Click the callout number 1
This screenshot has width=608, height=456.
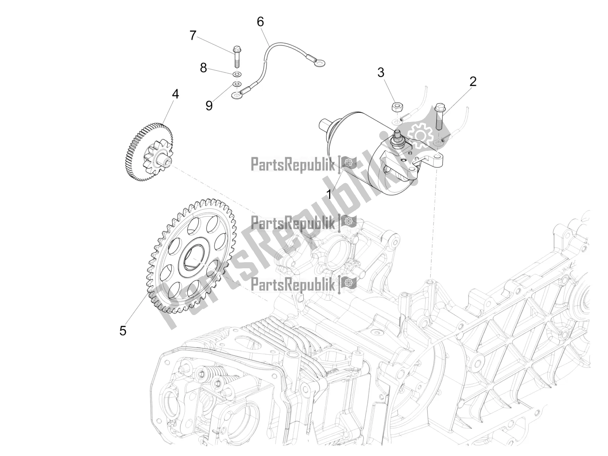329,195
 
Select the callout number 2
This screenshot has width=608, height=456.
472,81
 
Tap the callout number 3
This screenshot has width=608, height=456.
381,72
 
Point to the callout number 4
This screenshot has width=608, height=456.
175,94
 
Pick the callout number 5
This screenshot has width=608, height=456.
123,330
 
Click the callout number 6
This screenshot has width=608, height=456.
260,22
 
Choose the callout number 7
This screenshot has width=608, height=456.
193,36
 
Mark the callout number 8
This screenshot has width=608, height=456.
203,68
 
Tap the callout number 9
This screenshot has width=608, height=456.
209,105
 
